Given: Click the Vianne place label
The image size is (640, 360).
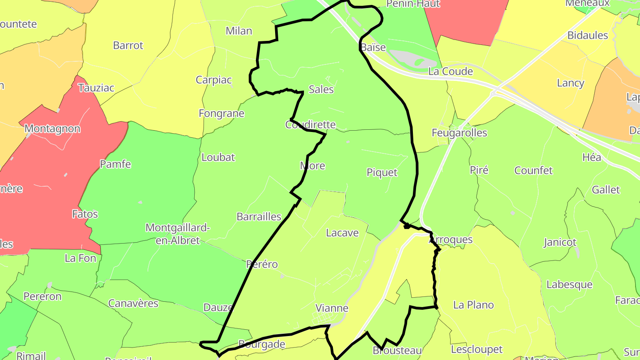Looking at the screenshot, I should click(x=332, y=308).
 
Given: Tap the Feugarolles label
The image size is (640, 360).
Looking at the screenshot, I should click(x=459, y=133).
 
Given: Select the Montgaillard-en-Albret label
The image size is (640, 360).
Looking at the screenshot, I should click(x=177, y=234).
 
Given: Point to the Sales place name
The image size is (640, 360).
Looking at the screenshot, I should click(x=321, y=89).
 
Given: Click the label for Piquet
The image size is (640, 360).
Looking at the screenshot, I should click(x=382, y=172).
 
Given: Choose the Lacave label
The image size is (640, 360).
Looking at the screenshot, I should click(x=342, y=232).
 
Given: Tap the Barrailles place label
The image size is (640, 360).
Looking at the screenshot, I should click(x=259, y=217).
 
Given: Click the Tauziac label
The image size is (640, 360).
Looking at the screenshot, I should click(x=96, y=88).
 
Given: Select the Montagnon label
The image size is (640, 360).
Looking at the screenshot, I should click(x=52, y=129).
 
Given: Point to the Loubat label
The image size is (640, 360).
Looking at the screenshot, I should click(x=218, y=157).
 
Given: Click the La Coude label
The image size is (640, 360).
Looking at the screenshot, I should click(x=450, y=72).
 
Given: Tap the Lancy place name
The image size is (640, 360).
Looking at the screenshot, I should click(x=570, y=83).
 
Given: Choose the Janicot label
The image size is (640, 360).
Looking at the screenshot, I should click(x=560, y=243).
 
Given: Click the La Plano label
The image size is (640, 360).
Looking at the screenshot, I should click(x=473, y=305).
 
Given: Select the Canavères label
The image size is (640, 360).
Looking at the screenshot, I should click(x=133, y=304).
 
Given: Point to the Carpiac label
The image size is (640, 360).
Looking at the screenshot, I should click(x=214, y=80).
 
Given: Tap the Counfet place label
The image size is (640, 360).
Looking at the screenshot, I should click(x=533, y=170).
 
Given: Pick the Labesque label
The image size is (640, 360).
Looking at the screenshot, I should click(x=569, y=284).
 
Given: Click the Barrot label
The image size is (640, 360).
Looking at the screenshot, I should click(x=128, y=45).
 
